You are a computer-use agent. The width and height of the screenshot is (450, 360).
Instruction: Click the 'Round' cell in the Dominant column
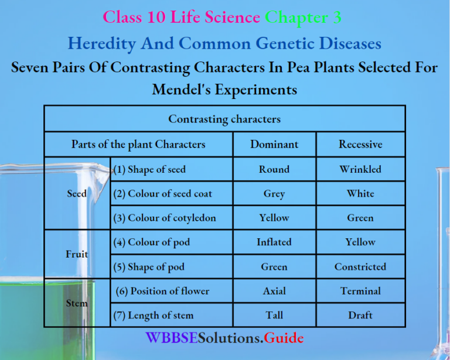pos(274,169)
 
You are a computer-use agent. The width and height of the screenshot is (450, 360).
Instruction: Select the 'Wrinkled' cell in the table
pos(360,169)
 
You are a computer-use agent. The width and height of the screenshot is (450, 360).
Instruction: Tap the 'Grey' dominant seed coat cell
pos(274,194)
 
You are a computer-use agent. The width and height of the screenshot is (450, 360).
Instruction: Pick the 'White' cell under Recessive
pos(360,194)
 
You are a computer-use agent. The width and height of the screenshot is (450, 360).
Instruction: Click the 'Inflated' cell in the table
pos(274,242)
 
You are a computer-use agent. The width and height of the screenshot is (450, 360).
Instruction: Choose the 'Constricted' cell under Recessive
pos(360,266)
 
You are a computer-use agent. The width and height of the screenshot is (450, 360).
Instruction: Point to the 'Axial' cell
pos(274,291)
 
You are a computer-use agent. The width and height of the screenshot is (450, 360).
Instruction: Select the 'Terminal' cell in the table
pos(360,291)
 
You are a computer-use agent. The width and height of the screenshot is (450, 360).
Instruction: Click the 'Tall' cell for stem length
pos(274,315)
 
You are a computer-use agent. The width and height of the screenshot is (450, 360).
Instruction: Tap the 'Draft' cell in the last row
pos(360,315)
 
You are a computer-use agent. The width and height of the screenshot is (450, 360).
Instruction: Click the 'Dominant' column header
pos(274,144)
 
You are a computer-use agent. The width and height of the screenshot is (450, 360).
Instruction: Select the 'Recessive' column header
pos(360,144)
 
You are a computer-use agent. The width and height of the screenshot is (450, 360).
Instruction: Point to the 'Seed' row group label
pos(77,194)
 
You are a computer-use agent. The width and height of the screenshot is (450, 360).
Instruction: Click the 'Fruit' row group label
pos(77,254)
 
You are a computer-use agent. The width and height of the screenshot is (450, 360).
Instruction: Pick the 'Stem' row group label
pos(77,303)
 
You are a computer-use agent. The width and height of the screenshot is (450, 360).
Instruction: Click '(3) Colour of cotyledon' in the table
pos(165,218)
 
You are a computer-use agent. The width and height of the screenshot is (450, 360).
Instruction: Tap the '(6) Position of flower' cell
pos(162,291)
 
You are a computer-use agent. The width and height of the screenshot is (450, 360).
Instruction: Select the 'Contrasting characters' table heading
pos(224,119)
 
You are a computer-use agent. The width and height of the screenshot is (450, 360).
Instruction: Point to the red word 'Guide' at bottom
pos(284,338)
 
